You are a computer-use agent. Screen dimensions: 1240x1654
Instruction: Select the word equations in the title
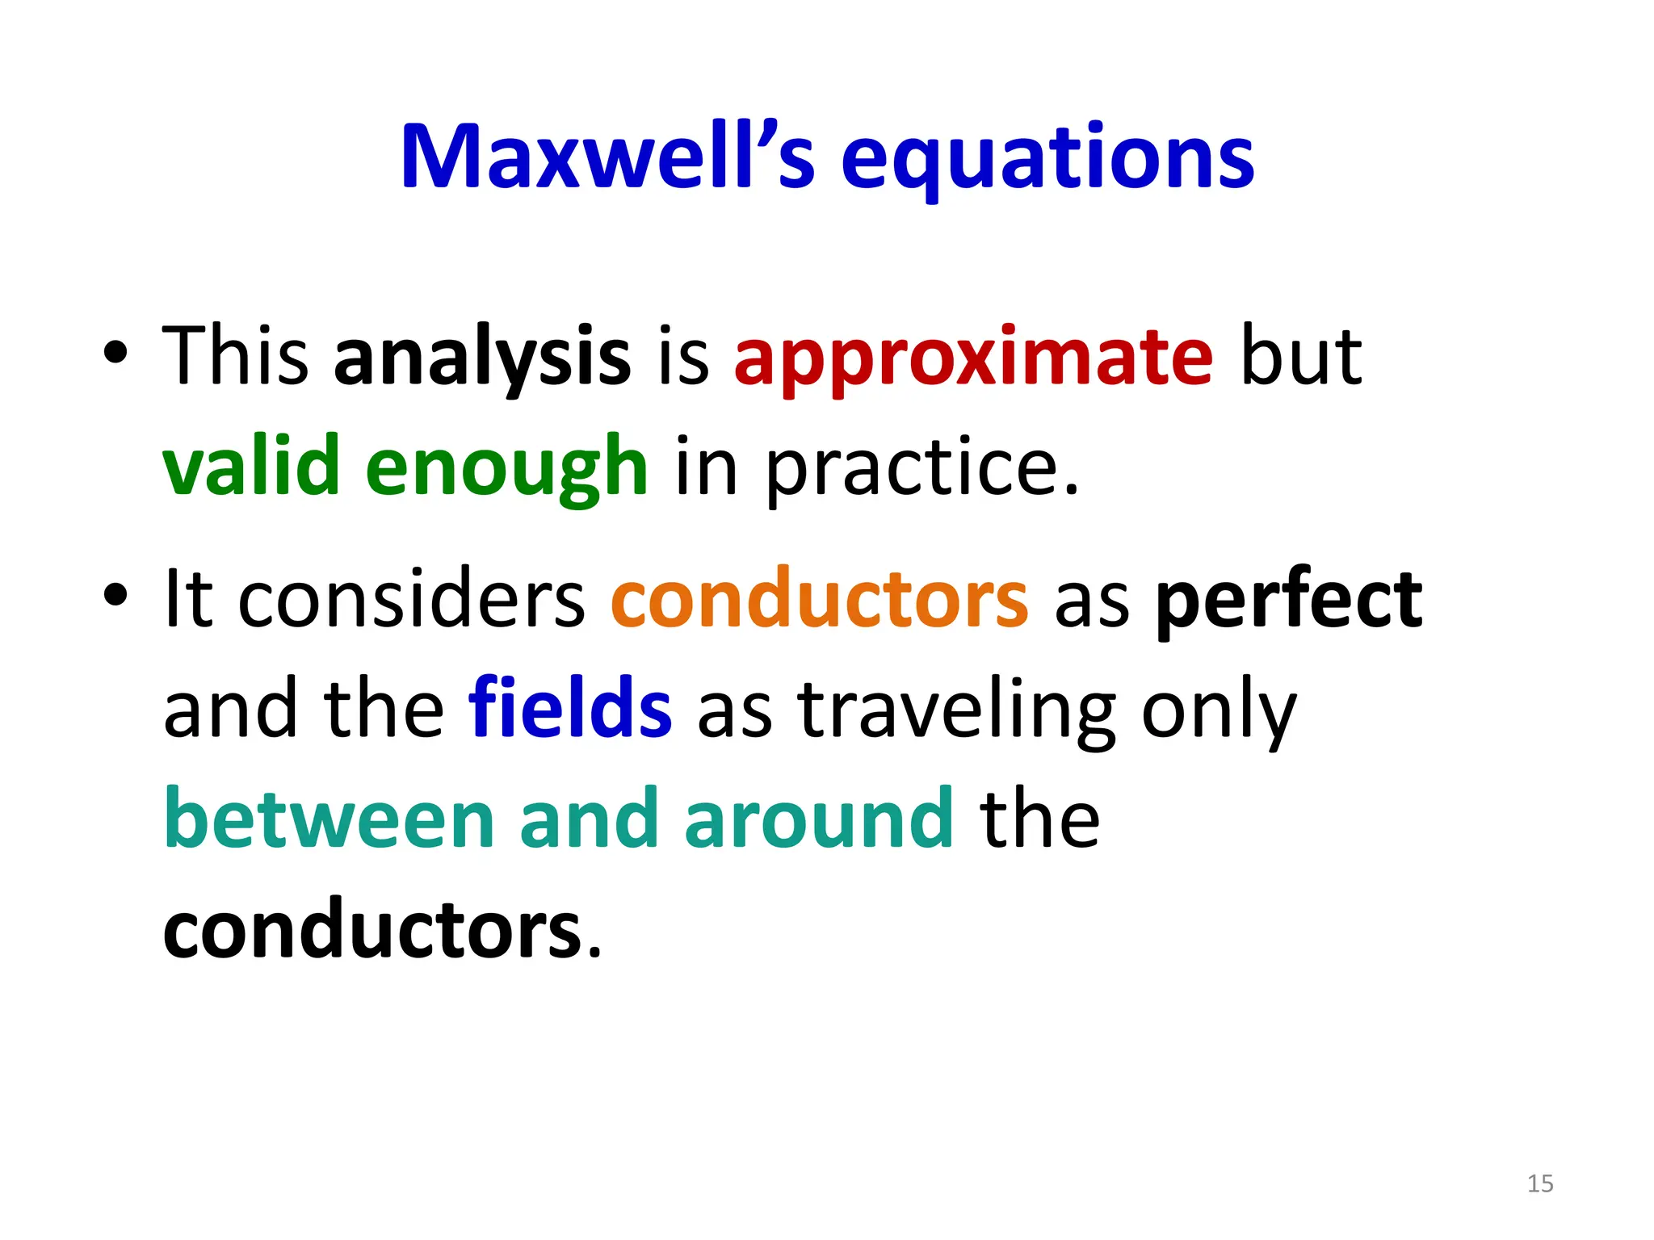[1047, 159]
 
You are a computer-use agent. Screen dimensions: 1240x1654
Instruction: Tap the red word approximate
[973, 357]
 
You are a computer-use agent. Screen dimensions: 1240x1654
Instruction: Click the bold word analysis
[481, 357]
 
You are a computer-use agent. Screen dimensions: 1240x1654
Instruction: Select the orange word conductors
[819, 599]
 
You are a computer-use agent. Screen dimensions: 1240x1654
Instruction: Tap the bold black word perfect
[1288, 599]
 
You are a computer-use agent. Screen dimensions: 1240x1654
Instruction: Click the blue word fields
[569, 709]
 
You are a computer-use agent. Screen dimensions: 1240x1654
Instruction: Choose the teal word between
[329, 819]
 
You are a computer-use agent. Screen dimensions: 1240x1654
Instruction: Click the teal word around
[819, 819]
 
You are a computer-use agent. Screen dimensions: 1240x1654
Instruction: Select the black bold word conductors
[372, 931]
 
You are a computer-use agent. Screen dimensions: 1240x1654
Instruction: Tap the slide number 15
[1539, 1183]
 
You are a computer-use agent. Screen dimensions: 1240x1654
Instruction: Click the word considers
[411, 599]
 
